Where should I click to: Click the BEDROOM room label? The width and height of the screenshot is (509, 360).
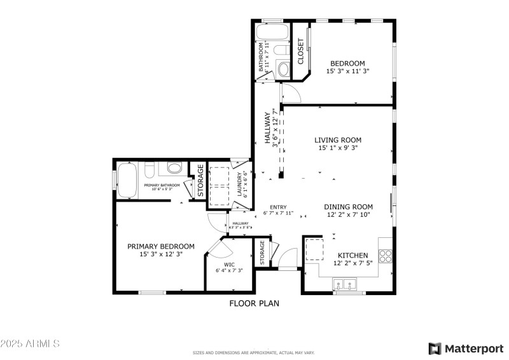347,63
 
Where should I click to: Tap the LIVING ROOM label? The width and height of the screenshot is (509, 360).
338,140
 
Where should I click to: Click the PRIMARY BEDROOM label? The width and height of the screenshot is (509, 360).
160,246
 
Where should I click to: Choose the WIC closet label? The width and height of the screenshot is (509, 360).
229,264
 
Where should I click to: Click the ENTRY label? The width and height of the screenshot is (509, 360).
278,207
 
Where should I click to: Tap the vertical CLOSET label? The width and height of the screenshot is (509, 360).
300,52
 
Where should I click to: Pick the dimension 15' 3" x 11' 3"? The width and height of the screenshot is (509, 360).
347,72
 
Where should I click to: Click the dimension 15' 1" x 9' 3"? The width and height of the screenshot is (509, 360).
338,148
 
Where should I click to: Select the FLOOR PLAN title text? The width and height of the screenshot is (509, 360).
254,303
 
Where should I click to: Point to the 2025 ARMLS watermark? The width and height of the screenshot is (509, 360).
30,344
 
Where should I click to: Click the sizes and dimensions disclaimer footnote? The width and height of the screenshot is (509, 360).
254,352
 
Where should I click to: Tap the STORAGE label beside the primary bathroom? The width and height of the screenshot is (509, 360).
200,181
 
